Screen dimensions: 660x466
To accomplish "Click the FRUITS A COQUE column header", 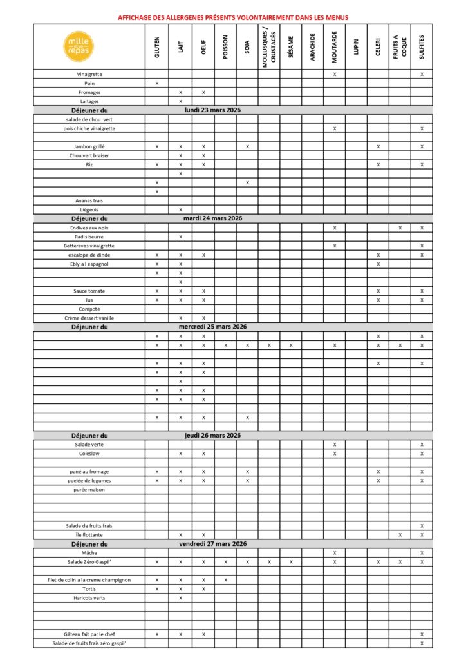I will tap(400, 47).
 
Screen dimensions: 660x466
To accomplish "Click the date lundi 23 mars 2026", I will tap(212, 110).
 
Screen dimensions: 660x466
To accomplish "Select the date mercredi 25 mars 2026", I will tap(212, 327).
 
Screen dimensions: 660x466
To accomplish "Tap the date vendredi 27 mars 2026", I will tap(212, 544).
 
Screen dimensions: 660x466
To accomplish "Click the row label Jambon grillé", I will tap(89, 147).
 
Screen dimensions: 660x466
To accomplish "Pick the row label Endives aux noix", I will tap(89, 228).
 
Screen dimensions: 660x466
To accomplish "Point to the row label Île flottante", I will tap(89, 535).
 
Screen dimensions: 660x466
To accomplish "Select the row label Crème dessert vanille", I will tap(89, 318).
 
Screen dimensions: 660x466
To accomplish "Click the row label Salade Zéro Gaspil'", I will tap(89, 562).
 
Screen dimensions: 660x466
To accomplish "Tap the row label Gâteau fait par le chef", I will tap(89, 634).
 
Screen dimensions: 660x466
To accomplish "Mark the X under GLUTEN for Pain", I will tap(157, 84).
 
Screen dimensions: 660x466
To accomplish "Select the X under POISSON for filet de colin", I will tap(225, 580).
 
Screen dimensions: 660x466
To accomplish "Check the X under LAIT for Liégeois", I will tap(181, 210).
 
